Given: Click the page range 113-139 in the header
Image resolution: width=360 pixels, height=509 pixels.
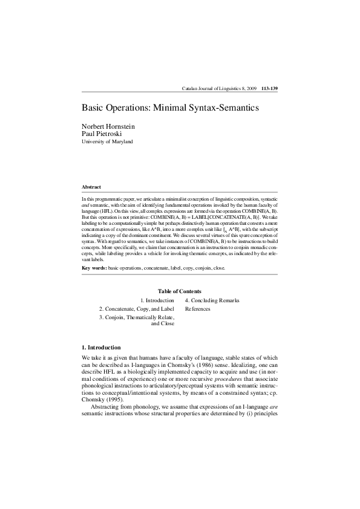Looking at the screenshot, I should point(269,89).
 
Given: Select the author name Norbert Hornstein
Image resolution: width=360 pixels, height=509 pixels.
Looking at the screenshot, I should point(108,126).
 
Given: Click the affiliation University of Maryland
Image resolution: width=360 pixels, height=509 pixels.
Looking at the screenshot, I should point(107,141).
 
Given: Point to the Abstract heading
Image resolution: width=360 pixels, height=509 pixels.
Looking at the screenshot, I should point(91,187).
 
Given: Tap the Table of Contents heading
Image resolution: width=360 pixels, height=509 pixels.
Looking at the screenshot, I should point(179,291).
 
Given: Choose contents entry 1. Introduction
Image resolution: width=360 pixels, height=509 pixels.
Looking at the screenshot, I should point(157,300).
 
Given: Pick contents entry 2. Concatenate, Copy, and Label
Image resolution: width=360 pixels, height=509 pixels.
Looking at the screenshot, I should point(137,309).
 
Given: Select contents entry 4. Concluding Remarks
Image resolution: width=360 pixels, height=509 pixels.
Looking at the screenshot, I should point(212,300).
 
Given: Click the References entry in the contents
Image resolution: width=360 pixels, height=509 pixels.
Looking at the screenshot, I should point(198,309).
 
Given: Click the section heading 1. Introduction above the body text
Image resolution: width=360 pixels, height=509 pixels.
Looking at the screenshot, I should point(101,347).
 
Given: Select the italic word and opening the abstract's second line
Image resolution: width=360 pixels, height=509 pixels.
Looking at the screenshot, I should point(85,204).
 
